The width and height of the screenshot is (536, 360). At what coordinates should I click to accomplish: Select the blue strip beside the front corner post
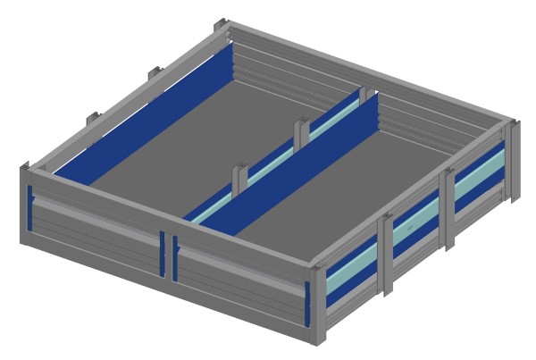coord(306,303)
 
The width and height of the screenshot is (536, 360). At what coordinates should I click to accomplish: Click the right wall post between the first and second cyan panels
coord(385,255)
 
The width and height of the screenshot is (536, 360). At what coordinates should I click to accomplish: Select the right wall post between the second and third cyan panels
coord(448,205)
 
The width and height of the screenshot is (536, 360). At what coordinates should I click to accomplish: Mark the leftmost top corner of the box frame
coord(24,168)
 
